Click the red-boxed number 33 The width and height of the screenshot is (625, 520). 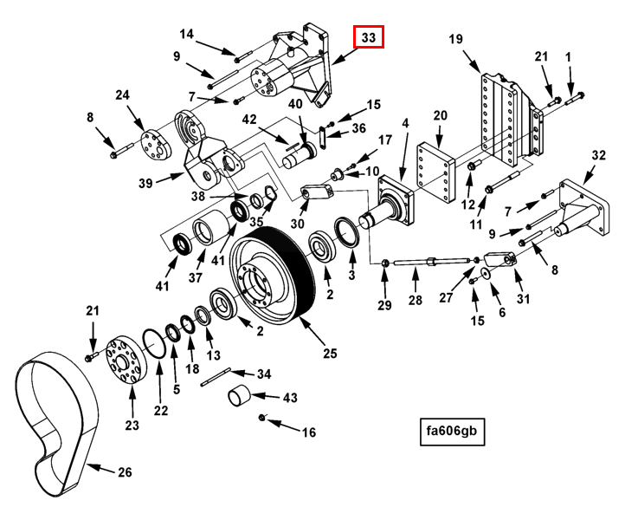368,37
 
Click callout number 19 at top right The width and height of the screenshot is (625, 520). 456,38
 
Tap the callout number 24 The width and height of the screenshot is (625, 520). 122,95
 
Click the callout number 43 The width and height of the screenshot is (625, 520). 290,397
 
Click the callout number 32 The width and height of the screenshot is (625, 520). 598,156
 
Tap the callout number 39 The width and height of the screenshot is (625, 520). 145,183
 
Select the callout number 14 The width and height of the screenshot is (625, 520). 188,34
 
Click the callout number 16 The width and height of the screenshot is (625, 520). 308,432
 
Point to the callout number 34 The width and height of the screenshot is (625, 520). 264,374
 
